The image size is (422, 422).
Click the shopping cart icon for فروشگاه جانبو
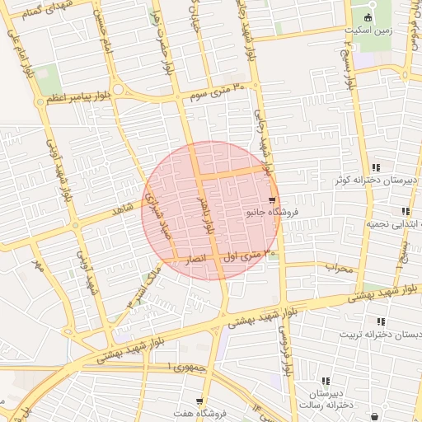click(272, 200)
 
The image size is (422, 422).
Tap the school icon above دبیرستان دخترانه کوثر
click(377, 166)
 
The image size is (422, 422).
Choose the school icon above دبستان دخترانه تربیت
click(380, 321)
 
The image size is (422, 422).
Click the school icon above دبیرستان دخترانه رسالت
click(326, 381)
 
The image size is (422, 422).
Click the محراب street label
click(337, 267)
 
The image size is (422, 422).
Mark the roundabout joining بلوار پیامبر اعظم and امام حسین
click(118, 89)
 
